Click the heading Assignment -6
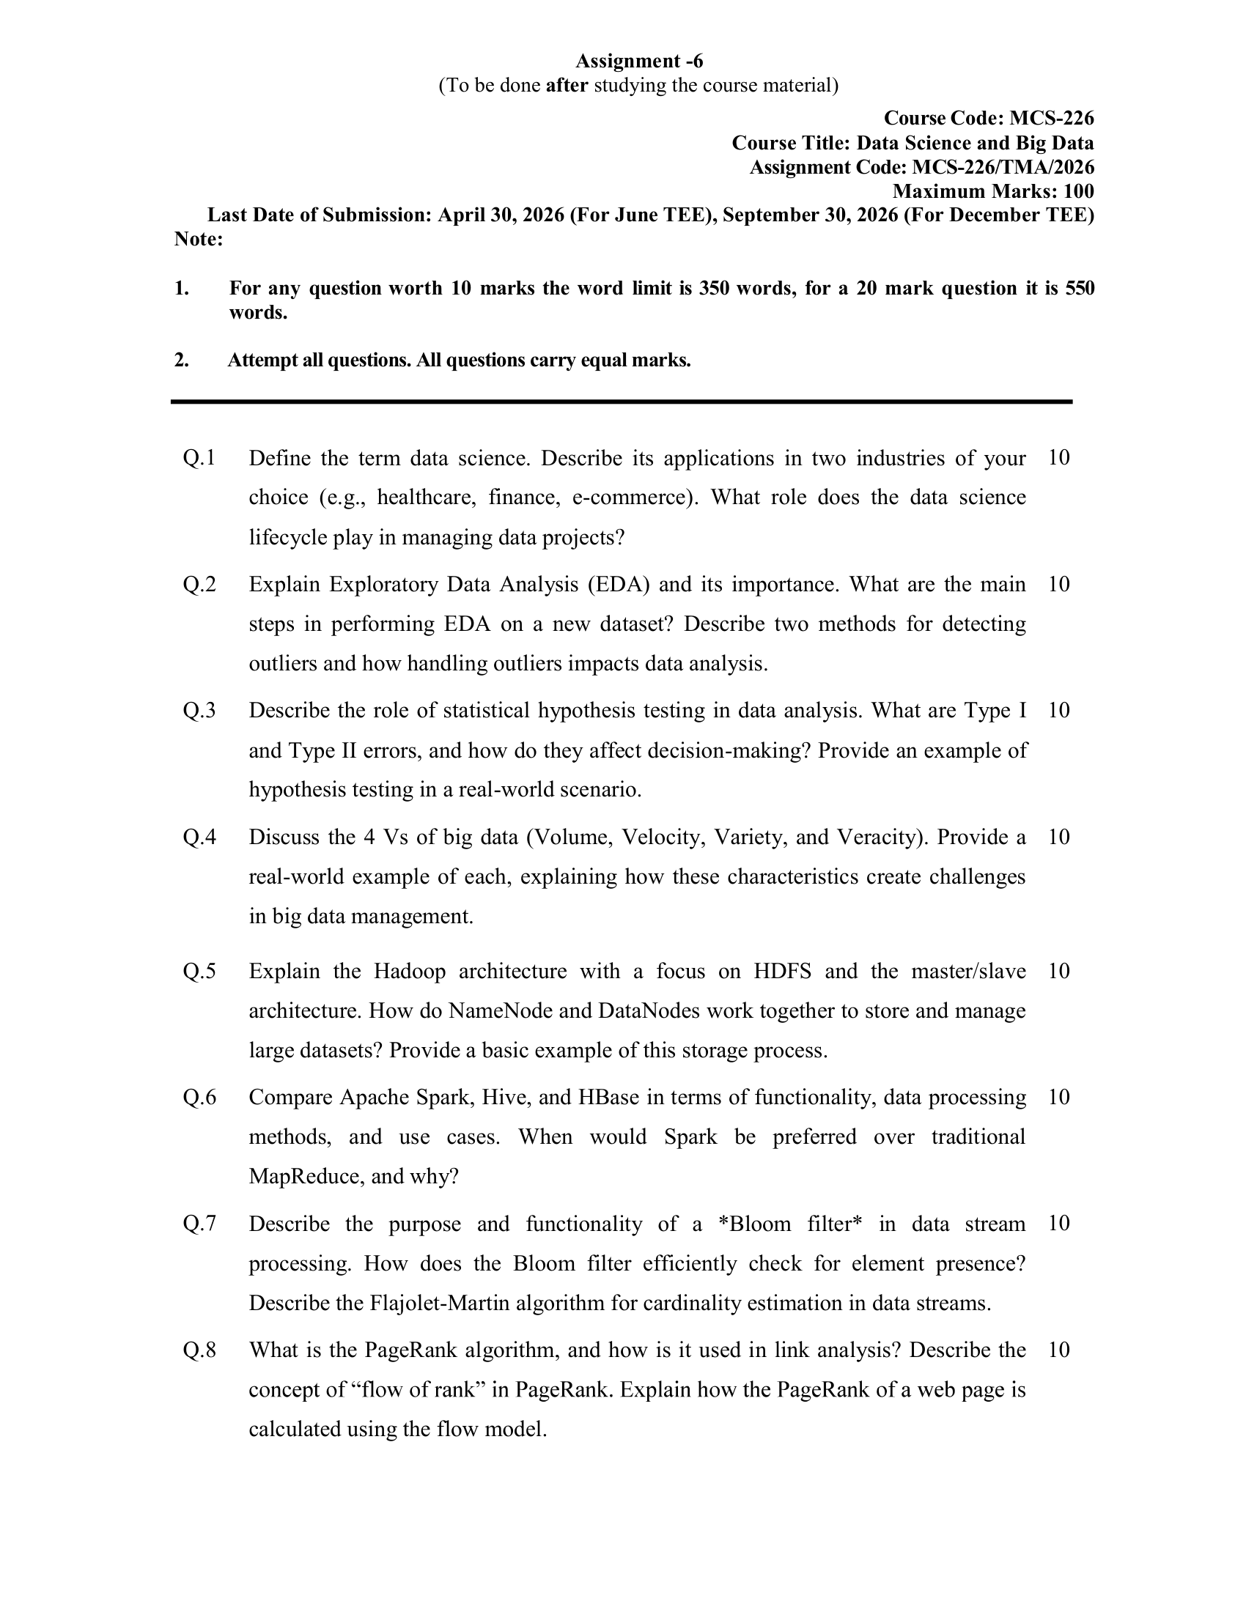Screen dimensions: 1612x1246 point(638,61)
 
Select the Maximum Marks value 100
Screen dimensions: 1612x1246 point(1078,191)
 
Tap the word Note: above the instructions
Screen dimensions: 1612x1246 point(199,239)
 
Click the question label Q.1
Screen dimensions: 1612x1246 point(199,459)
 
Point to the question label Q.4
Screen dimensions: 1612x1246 point(199,837)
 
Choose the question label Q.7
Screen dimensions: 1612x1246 point(199,1224)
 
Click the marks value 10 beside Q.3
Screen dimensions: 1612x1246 point(1058,710)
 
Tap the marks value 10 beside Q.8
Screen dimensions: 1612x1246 point(1058,1350)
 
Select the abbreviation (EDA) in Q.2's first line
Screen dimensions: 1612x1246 point(619,585)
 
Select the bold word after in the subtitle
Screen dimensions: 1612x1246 point(567,86)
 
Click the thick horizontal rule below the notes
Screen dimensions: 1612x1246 point(622,402)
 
